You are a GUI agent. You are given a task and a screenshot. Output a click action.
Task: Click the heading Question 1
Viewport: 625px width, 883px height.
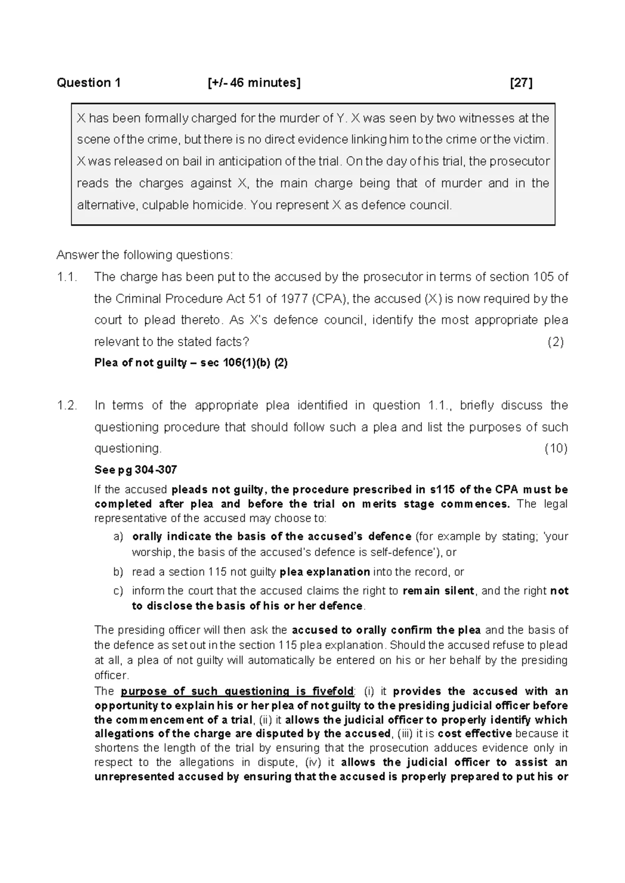pos(89,83)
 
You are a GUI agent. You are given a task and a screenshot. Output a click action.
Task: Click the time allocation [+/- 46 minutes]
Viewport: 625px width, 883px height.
pos(254,83)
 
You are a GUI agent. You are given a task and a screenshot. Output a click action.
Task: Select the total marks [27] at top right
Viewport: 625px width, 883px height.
pos(521,83)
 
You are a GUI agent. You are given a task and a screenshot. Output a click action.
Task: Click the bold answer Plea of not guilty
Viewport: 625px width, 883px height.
pos(140,363)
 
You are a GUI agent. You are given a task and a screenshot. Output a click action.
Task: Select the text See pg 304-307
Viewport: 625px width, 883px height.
pos(135,470)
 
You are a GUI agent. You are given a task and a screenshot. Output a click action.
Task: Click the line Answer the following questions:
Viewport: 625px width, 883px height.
pos(145,255)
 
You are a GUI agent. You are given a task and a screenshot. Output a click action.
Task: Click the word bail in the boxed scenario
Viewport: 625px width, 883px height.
pos(192,161)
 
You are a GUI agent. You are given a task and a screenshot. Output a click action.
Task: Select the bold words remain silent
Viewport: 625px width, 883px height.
pos(438,591)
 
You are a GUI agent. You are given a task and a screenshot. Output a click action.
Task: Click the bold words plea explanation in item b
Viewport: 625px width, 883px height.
pos(324,572)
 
